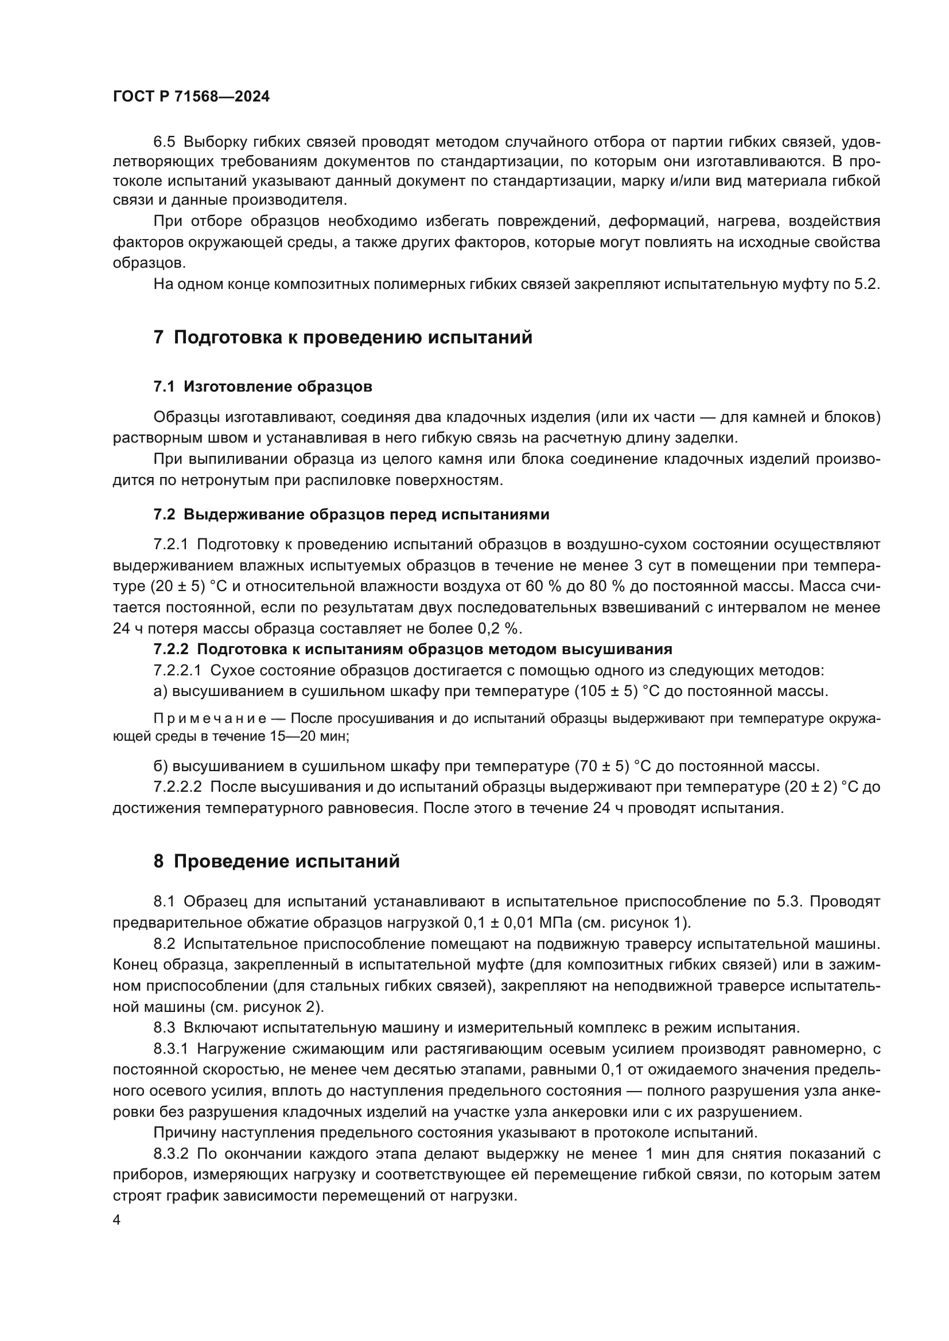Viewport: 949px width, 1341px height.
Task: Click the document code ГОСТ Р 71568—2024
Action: (191, 97)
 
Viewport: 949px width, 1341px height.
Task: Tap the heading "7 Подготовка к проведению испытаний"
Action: (343, 338)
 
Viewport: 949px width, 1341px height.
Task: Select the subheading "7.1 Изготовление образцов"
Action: (262, 386)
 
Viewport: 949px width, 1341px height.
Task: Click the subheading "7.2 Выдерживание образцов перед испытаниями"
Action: (351, 514)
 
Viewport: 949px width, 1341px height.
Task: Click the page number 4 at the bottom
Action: (116, 1220)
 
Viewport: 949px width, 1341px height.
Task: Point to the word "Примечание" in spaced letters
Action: (211, 719)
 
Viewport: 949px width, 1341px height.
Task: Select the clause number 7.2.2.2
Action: (178, 787)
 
